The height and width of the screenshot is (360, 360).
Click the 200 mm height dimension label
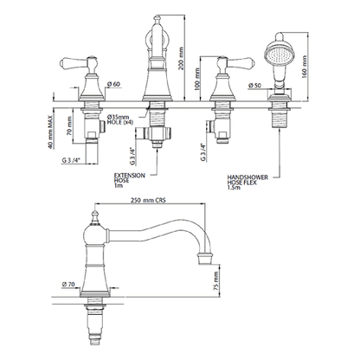(181, 59)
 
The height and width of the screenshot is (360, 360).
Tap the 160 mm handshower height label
(304, 67)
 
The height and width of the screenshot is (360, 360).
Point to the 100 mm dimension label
(197, 79)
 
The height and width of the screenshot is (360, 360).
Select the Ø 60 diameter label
(113, 84)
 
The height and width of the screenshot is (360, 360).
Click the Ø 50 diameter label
(254, 86)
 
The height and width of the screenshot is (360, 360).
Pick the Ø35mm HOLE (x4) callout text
(119, 119)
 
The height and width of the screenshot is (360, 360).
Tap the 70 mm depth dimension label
(69, 127)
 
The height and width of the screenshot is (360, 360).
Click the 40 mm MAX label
(51, 132)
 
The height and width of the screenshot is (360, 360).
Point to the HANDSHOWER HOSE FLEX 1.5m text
(247, 183)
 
